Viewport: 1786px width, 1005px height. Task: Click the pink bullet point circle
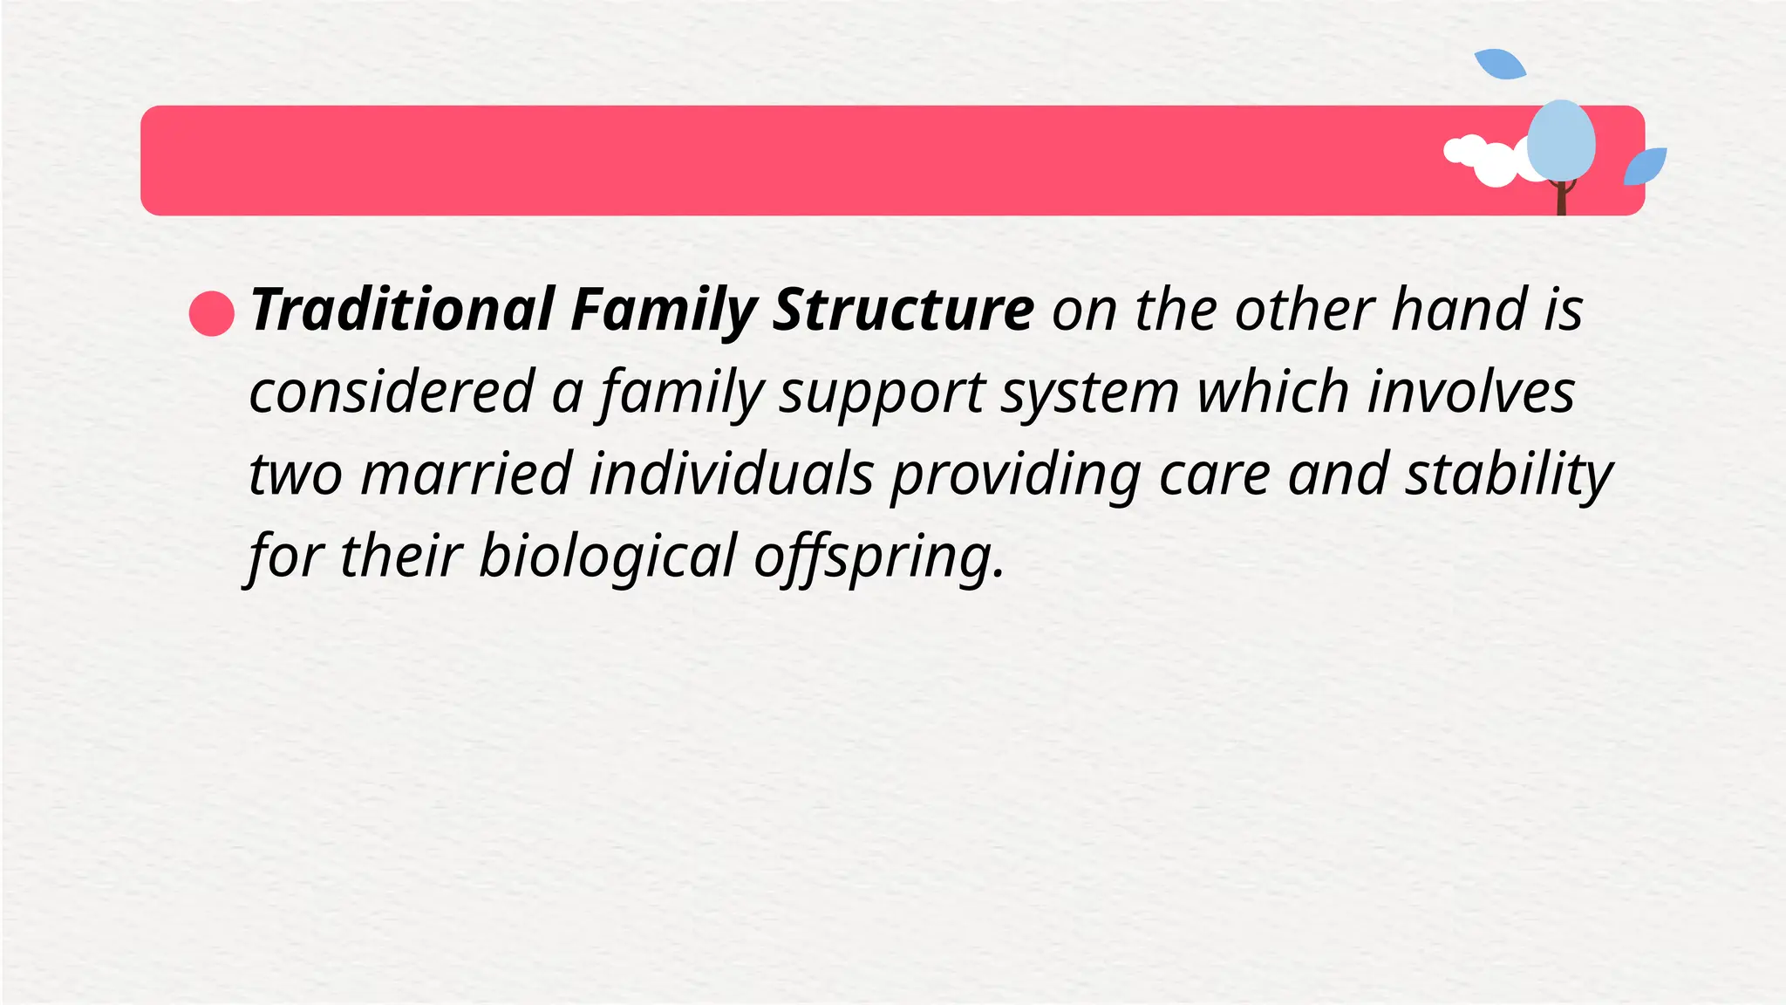[x=212, y=314]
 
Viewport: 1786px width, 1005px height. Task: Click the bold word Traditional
[x=402, y=310]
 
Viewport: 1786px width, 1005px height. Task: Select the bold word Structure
[x=903, y=310]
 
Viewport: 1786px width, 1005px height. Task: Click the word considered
[x=392, y=392]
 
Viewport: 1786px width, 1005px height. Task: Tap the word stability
[x=1509, y=476]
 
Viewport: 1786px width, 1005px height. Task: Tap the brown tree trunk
[x=1562, y=199]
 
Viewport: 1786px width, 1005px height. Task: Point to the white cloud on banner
[x=1491, y=162]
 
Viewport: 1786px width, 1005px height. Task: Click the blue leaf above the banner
[x=1499, y=64]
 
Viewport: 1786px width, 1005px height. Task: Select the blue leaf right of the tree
[x=1646, y=166]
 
